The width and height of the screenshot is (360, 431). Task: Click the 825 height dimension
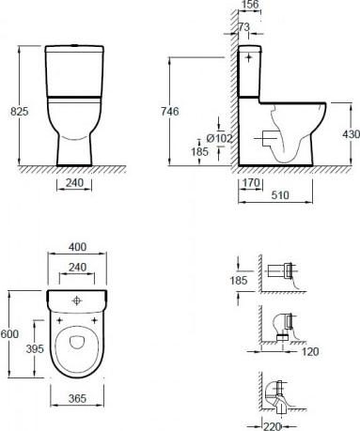coord(20,112)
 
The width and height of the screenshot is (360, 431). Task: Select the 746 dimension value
coord(170,112)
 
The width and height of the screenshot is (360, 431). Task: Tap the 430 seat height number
coord(351,134)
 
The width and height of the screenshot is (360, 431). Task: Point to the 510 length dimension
coord(280,195)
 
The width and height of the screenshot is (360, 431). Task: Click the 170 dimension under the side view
coord(251,183)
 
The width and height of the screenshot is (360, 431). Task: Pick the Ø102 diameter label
coord(219,138)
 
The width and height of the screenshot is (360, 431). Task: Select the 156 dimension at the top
coord(250,5)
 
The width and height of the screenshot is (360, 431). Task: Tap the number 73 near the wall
coord(244,27)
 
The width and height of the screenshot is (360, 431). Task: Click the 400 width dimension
coord(77,247)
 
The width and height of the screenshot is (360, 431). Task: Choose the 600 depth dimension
coord(9,334)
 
